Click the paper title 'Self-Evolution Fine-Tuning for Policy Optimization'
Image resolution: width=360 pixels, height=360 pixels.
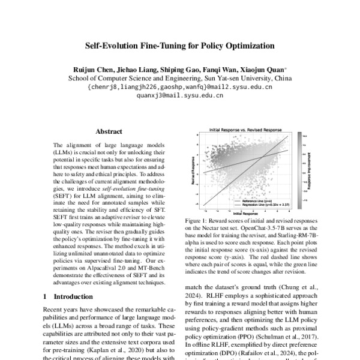pos(180,46)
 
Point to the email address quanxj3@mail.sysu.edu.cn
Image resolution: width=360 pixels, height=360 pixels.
pos(179,95)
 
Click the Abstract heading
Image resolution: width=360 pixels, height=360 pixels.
pos(109,131)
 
